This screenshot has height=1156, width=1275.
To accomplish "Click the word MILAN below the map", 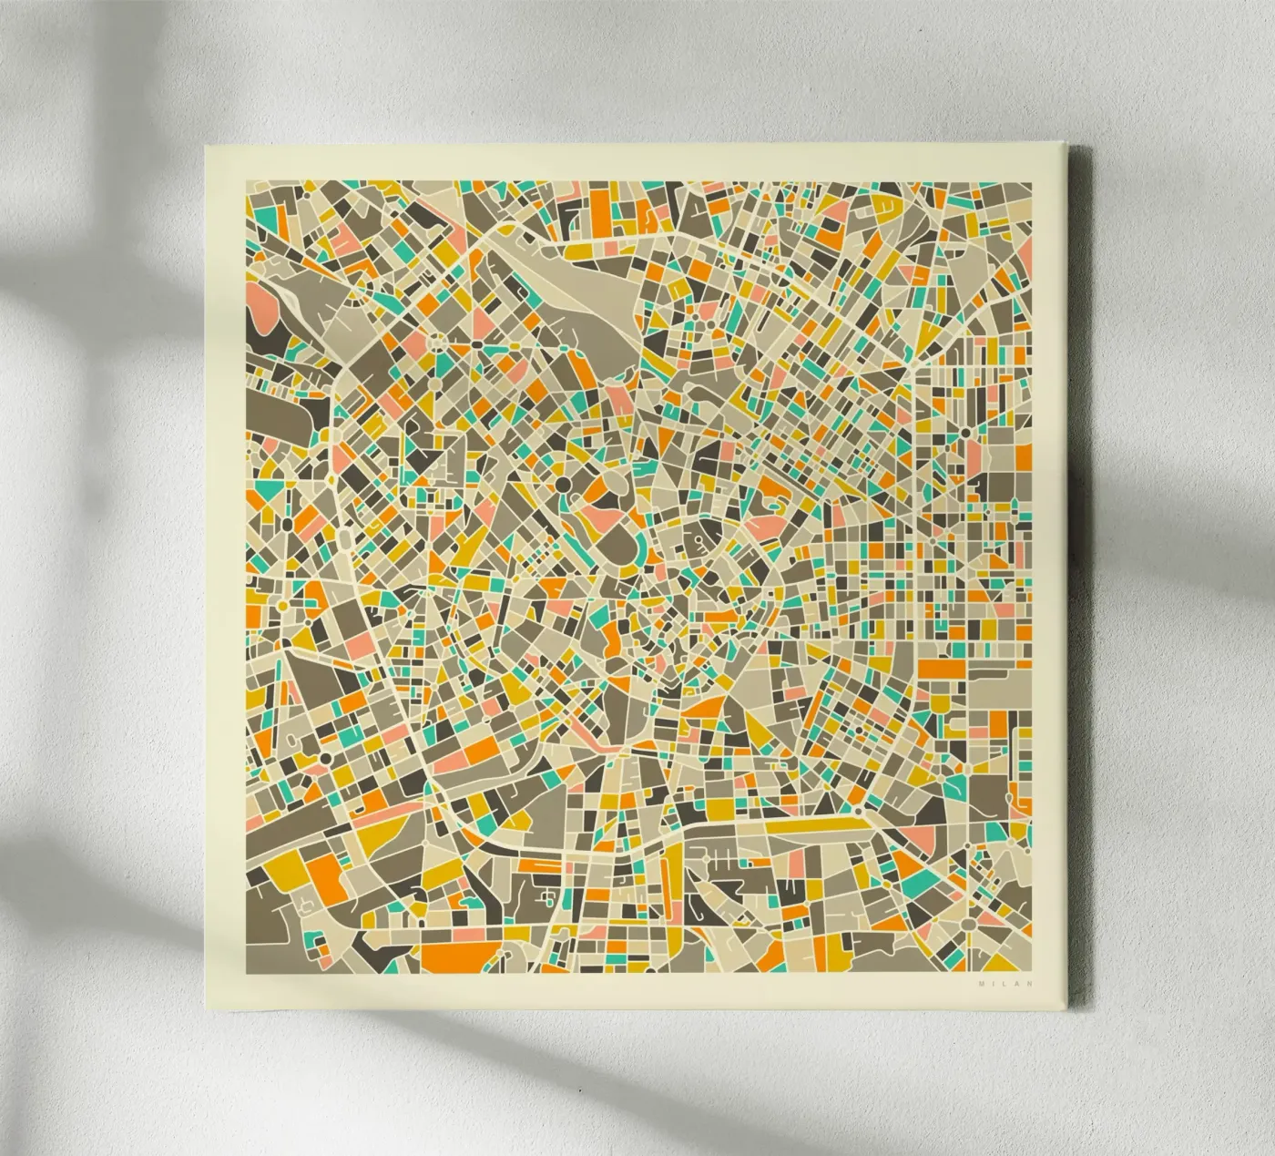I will coord(1000,983).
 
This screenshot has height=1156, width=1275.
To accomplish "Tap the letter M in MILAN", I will coord(981,983).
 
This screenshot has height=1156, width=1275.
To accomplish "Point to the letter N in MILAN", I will coord(1020,983).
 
